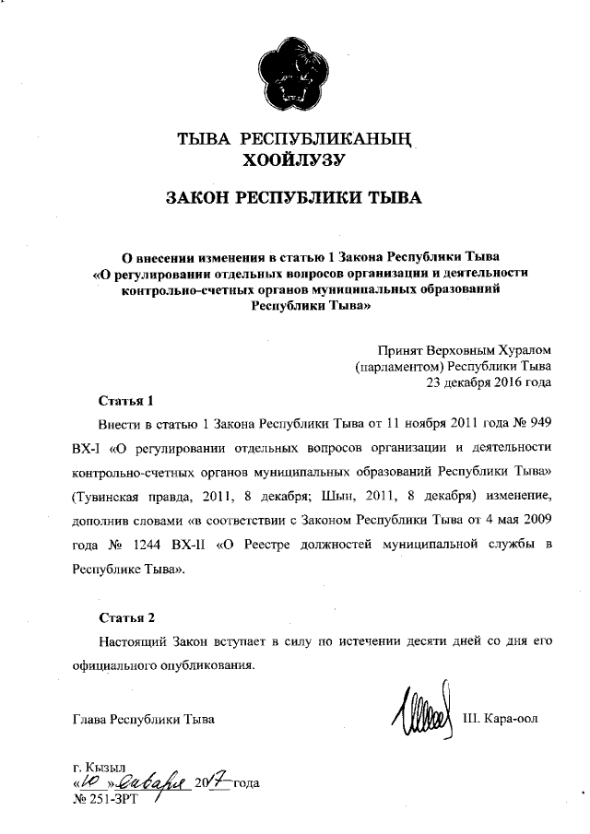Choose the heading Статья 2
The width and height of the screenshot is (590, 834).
(x=124, y=617)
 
